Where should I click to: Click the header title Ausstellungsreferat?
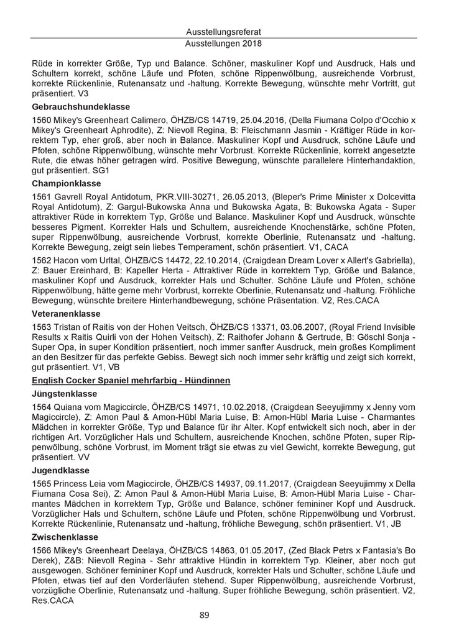(x=224, y=31)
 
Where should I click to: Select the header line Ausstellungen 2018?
(x=224, y=44)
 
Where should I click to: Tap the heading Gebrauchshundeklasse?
(x=80, y=107)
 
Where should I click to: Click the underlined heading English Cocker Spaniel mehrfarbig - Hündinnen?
(x=131, y=380)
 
